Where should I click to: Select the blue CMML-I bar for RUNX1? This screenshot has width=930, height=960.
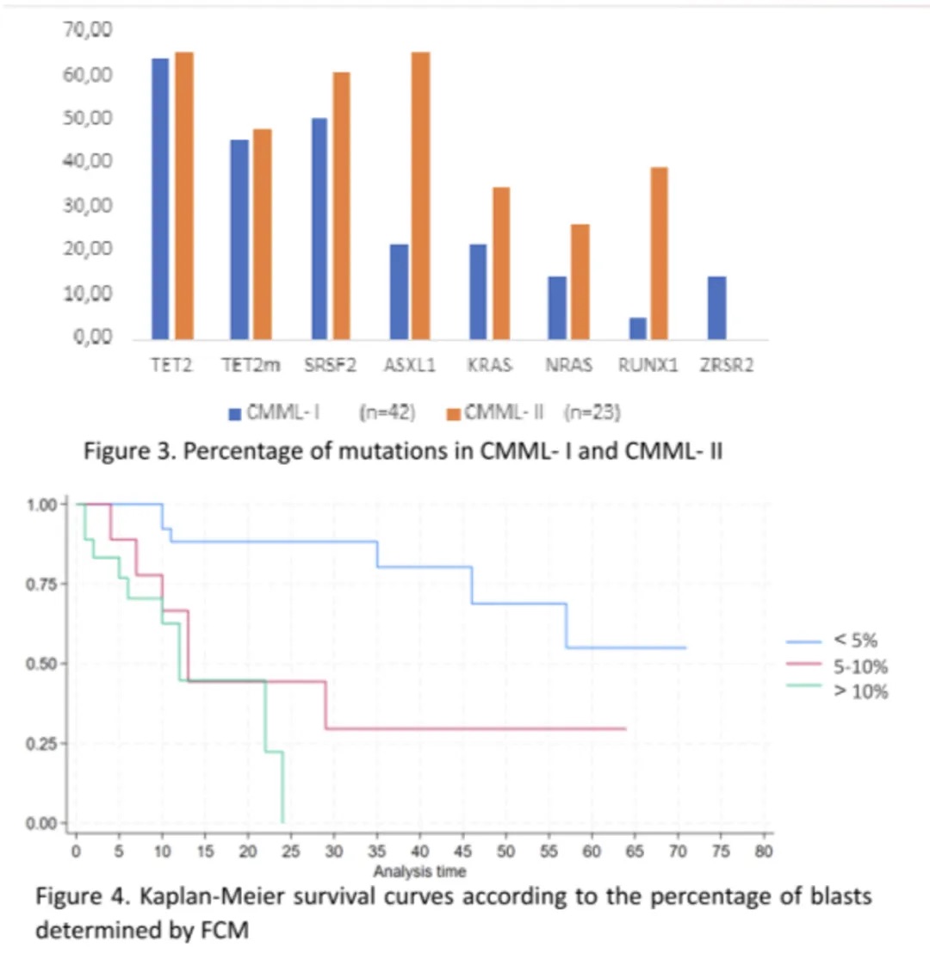tap(637, 328)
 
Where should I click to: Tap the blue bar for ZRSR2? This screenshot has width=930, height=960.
tap(716, 307)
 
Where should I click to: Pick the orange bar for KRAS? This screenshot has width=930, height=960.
tap(501, 263)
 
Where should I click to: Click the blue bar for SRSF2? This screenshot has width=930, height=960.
tap(319, 228)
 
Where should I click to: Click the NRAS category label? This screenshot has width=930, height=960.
tap(568, 365)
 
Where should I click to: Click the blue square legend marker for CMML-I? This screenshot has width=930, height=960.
tap(234, 413)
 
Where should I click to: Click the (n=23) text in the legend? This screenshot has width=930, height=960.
tap(593, 412)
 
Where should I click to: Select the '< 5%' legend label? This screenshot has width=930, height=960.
tap(855, 641)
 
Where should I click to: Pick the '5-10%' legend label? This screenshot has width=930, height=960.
tap(859, 666)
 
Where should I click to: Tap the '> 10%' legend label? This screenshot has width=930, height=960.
tap(859, 691)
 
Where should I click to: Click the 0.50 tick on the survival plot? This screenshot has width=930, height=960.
tap(51, 664)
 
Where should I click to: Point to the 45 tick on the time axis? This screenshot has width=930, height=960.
tap(462, 852)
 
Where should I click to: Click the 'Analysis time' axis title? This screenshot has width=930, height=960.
tap(420, 871)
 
